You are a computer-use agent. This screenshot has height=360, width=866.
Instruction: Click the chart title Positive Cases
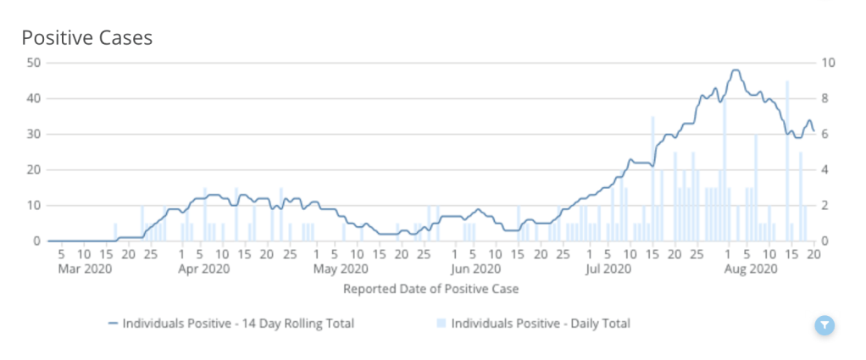(86, 38)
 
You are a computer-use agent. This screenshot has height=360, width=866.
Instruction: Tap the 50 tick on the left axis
(34, 63)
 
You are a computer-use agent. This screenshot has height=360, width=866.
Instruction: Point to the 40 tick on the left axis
(34, 98)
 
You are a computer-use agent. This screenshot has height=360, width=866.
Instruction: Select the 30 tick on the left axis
(34, 134)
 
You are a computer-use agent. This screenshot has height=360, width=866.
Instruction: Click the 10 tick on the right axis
(829, 63)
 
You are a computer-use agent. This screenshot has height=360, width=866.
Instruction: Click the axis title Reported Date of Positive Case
(430, 289)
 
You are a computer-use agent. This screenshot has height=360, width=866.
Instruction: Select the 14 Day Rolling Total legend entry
(230, 324)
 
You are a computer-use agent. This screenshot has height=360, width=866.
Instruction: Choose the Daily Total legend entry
(534, 324)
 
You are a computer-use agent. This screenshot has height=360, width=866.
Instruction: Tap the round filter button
(824, 325)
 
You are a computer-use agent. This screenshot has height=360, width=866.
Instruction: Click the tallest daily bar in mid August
(787, 161)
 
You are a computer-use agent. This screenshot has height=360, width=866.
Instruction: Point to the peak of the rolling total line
(736, 70)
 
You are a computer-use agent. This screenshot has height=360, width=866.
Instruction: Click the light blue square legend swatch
(441, 324)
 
